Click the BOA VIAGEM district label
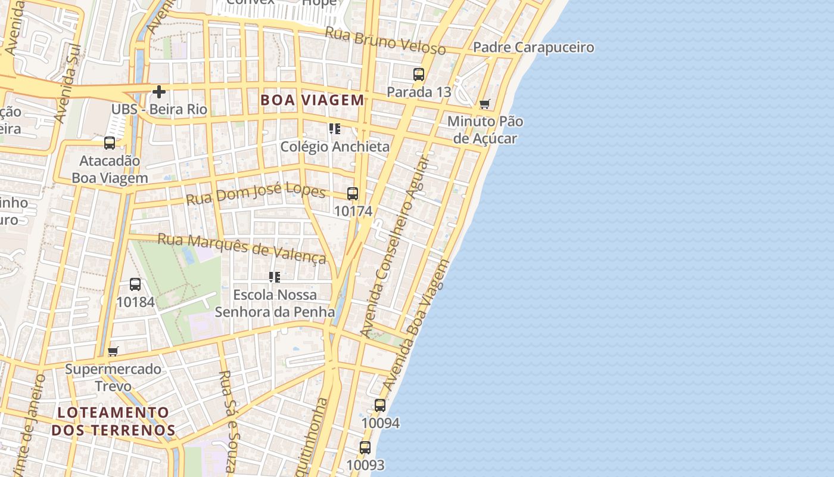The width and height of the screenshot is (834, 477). click(x=312, y=100)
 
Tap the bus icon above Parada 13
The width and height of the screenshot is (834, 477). click(x=419, y=75)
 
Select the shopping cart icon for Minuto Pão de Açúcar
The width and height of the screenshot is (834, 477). click(x=485, y=104)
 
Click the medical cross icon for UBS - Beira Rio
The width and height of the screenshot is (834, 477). click(x=159, y=92)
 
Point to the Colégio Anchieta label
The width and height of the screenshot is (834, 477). click(x=335, y=147)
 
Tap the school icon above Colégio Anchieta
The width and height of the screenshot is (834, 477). click(x=334, y=129)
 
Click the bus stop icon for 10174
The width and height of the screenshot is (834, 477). click(x=353, y=194)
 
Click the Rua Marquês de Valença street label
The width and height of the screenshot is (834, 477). click(x=241, y=247)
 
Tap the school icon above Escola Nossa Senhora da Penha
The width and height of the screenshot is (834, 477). click(x=274, y=277)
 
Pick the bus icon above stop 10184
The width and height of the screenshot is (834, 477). click(x=135, y=284)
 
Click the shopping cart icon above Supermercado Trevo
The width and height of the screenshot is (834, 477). click(x=113, y=351)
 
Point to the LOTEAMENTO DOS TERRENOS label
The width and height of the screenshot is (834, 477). click(x=113, y=421)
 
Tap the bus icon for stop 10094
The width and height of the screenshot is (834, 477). click(x=380, y=405)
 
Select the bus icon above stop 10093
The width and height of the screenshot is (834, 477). click(x=365, y=447)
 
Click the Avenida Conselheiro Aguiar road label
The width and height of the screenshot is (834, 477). click(x=394, y=244)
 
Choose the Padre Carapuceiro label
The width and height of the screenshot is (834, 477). click(x=533, y=47)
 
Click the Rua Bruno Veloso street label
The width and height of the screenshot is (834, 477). click(x=385, y=41)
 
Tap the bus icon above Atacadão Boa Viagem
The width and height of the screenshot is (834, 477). click(x=110, y=143)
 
